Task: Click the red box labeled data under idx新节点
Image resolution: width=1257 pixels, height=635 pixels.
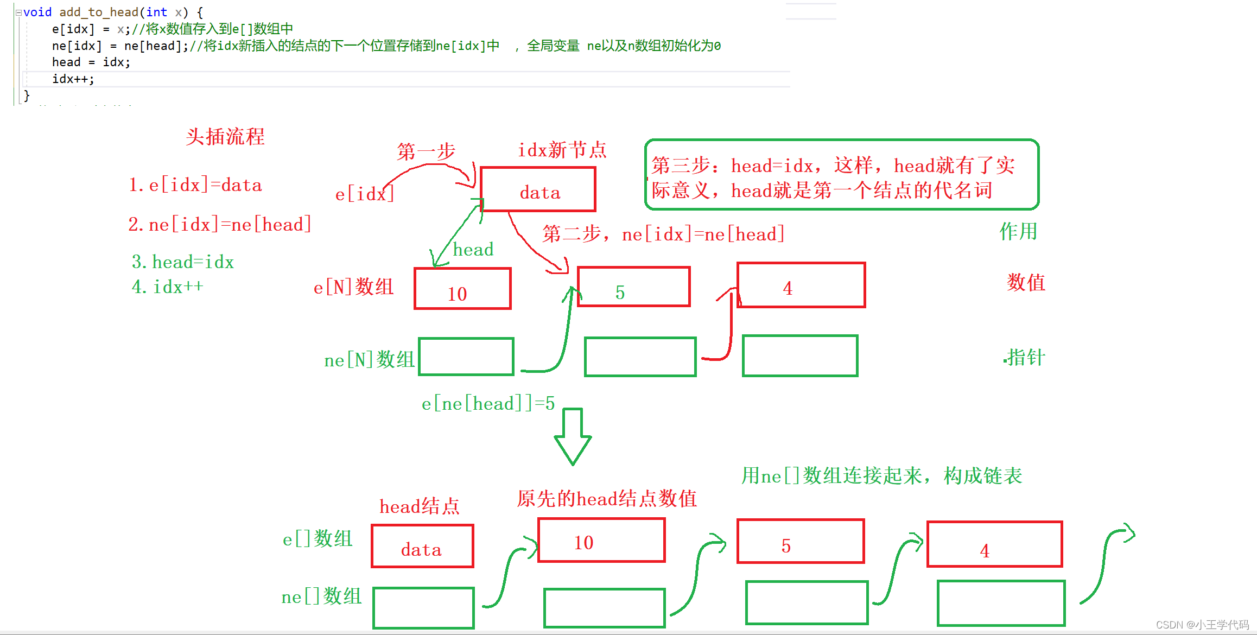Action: coord(538,189)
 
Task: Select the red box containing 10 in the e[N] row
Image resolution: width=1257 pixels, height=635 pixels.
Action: coord(462,289)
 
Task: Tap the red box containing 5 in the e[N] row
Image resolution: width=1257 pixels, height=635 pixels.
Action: coord(633,287)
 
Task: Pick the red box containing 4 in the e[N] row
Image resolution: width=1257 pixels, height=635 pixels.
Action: coord(801,285)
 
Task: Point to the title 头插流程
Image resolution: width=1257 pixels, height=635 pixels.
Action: coord(225,137)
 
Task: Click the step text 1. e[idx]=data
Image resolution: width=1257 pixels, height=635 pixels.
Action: coord(195,185)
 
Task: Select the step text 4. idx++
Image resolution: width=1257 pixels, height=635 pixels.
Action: coord(167,287)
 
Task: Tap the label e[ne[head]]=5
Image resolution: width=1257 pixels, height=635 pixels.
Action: coord(488,403)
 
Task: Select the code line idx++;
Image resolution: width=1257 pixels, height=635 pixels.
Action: coord(73,79)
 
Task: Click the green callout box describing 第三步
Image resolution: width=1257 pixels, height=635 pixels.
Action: coord(841,175)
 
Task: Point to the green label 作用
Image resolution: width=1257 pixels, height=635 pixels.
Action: coord(1018,232)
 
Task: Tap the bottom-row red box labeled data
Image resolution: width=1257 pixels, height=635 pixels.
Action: coord(422,546)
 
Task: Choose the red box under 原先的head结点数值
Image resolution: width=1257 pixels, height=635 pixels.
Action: coord(601,541)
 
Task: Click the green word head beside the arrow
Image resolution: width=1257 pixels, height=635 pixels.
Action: coord(473,250)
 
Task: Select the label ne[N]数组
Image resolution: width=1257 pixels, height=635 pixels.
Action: coord(369,360)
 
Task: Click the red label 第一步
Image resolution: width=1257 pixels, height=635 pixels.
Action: coord(426,151)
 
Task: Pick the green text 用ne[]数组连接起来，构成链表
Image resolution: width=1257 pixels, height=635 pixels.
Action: coord(881,476)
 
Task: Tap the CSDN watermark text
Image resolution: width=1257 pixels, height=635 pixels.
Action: coord(1202,625)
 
